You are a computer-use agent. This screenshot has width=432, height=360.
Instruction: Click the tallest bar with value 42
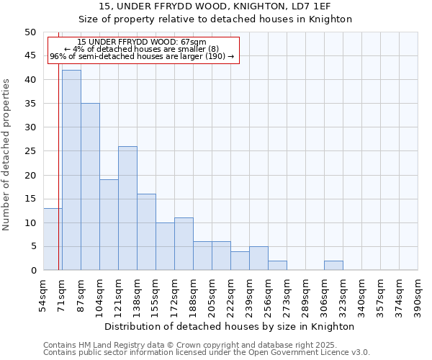click(71, 170)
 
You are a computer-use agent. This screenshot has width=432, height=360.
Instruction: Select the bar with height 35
click(90, 186)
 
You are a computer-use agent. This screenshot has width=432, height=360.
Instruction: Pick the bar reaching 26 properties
click(127, 208)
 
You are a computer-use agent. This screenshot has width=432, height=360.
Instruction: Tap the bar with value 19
click(109, 225)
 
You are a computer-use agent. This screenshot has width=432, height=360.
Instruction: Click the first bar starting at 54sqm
click(53, 239)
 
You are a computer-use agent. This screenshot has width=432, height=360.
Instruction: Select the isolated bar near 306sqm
click(333, 266)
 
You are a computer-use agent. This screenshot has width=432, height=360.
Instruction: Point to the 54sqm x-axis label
click(43, 295)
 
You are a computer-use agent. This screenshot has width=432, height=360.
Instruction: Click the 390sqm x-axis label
click(418, 295)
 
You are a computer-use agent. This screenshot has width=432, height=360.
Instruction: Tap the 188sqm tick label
click(193, 295)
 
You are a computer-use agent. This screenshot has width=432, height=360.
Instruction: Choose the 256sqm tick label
click(268, 295)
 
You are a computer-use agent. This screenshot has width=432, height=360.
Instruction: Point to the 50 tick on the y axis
click(30, 32)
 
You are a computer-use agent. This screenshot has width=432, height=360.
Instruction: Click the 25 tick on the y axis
click(30, 151)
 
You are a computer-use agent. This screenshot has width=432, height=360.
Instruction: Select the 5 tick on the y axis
click(32, 246)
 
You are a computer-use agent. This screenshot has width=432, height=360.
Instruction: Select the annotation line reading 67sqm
click(142, 42)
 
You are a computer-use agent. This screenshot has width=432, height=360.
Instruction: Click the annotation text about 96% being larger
click(142, 56)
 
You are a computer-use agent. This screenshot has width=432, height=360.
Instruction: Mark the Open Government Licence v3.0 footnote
click(207, 353)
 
